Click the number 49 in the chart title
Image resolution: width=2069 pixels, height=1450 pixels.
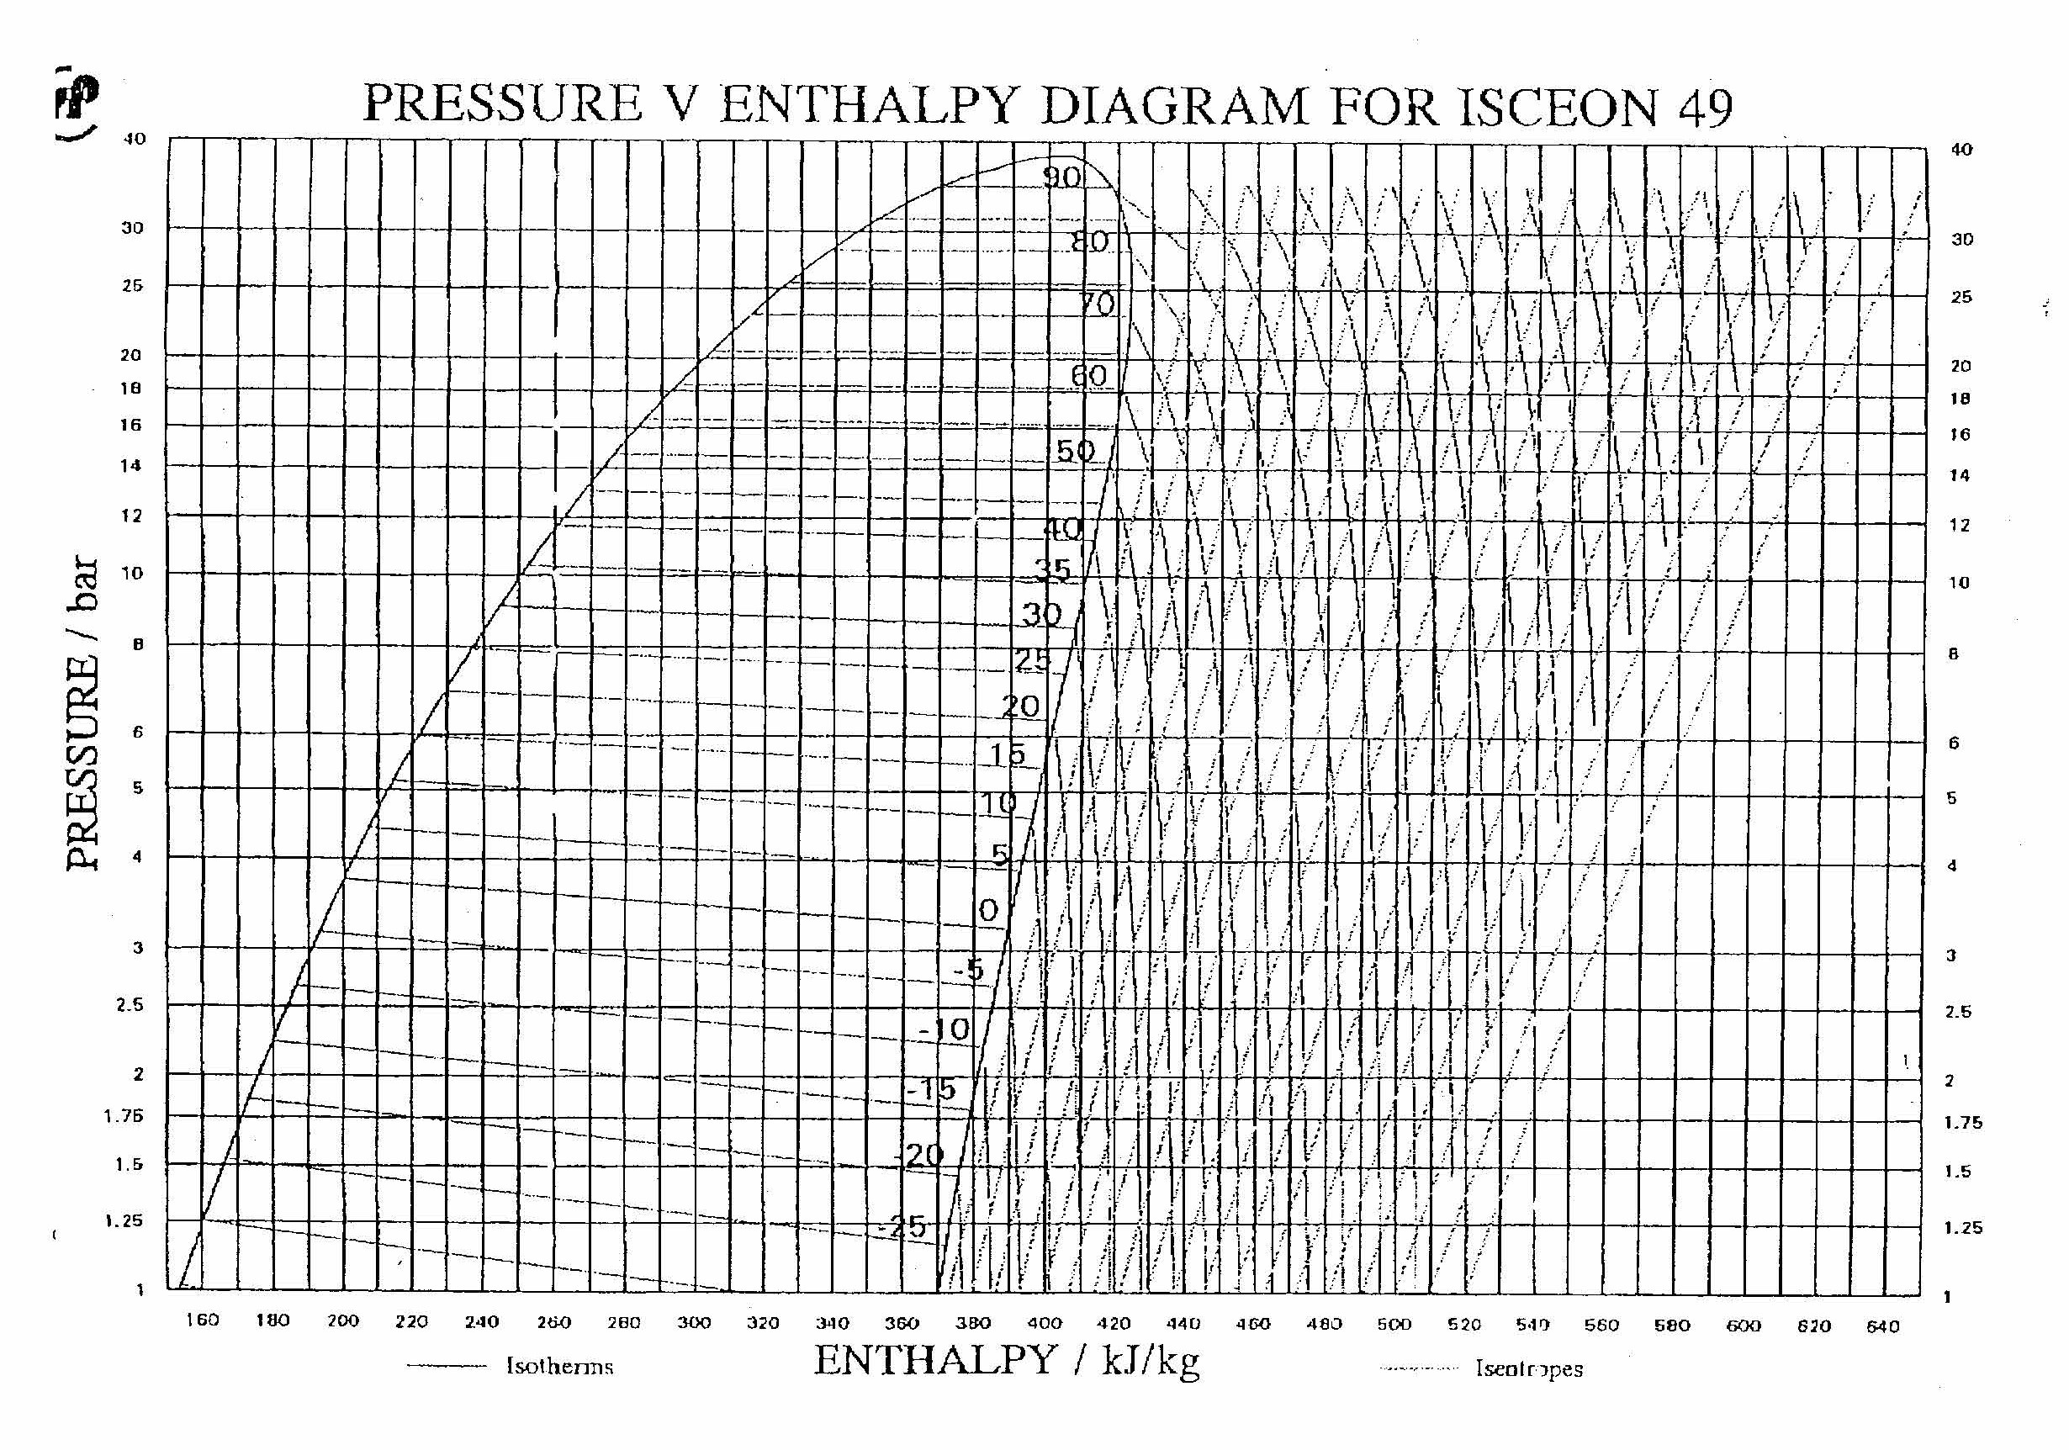1705,108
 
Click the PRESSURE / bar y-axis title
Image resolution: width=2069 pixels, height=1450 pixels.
82,712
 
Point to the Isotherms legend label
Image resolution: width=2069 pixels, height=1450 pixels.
558,1366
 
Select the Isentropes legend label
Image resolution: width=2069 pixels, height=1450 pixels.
1528,1368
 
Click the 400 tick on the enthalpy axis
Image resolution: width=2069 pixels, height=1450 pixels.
1045,1323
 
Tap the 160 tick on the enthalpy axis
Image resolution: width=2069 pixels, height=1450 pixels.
202,1320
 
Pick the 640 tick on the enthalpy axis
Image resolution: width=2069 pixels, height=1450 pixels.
1882,1326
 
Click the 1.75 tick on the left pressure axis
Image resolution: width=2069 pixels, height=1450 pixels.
124,1115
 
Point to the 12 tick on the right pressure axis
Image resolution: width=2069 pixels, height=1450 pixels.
1959,526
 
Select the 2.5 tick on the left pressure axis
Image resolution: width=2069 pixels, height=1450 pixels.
129,1004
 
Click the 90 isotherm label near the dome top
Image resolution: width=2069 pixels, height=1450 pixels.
1061,177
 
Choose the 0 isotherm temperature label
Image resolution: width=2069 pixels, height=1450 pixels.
988,910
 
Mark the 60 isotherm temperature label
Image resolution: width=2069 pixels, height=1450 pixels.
1088,375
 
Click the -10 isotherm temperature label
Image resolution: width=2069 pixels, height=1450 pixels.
945,1029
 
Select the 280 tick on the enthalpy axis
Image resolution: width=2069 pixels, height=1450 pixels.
623,1322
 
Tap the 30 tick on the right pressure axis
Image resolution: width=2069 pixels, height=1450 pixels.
1961,239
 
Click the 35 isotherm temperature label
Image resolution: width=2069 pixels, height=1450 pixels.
1051,569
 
